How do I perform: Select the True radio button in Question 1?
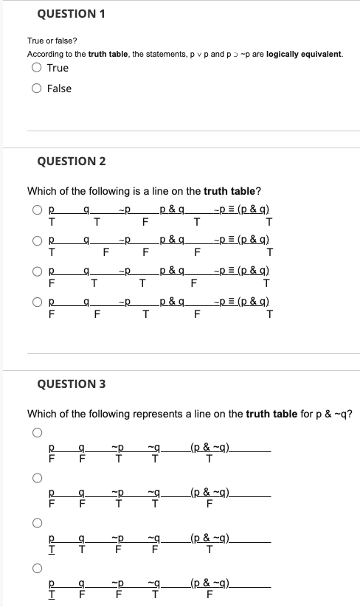point(36,68)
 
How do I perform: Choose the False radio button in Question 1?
point(36,89)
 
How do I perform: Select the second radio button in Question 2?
point(36,240)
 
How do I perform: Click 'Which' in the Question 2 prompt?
point(42,192)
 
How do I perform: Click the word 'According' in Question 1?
point(43,55)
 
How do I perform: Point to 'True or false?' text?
point(51,41)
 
